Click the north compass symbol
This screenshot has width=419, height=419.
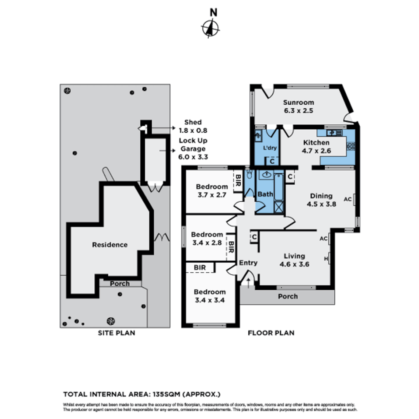pyautogui.click(x=210, y=28)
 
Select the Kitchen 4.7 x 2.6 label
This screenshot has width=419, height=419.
pyautogui.click(x=317, y=147)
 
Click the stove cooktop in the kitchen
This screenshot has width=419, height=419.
pyautogui.click(x=351, y=146)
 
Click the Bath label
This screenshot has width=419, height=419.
pyautogui.click(x=265, y=194)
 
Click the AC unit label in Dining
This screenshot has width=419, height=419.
pyautogui.click(x=348, y=199)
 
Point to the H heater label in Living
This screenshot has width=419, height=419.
pyautogui.click(x=326, y=258)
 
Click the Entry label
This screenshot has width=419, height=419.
pyautogui.click(x=248, y=263)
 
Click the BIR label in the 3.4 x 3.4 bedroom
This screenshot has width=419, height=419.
pyautogui.click(x=200, y=268)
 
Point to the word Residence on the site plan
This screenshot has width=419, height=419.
pyautogui.click(x=110, y=245)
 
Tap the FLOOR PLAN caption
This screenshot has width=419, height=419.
pyautogui.click(x=271, y=333)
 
